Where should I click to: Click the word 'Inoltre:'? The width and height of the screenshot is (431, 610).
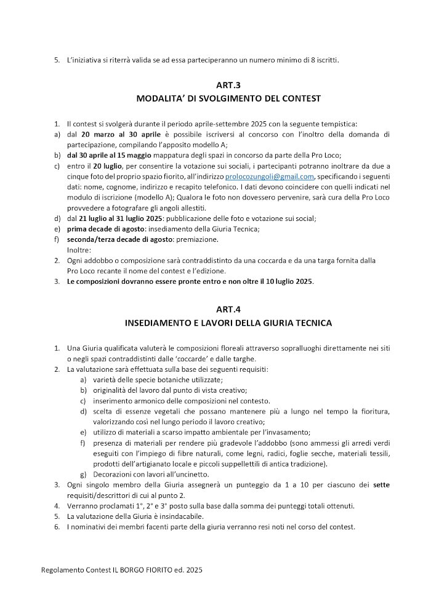click(x=79, y=250)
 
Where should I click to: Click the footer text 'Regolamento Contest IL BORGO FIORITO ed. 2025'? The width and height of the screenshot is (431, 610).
click(x=121, y=570)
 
